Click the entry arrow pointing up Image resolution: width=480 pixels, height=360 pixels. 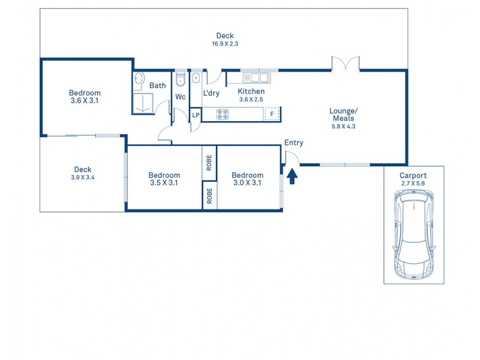pyautogui.click(x=292, y=176)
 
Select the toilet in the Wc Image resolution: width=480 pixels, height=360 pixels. pyautogui.click(x=181, y=78)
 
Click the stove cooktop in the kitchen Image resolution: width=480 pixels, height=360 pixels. pyautogui.click(x=223, y=114)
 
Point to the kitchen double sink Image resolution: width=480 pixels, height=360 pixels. pyautogui.click(x=257, y=77)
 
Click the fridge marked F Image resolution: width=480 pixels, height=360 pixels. pyautogui.click(x=272, y=114)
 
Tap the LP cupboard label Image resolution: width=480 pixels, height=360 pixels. pyautogui.click(x=196, y=115)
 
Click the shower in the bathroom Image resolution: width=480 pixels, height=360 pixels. pyautogui.click(x=143, y=103)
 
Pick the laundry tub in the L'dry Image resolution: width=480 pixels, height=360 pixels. pyautogui.click(x=196, y=78)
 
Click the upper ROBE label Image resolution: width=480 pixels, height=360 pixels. pyautogui.click(x=209, y=163)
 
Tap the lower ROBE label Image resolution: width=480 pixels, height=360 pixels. pyautogui.click(x=209, y=196)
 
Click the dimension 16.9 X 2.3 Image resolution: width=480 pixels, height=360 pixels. pyautogui.click(x=225, y=44)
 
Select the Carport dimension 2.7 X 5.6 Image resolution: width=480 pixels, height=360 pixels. pyautogui.click(x=413, y=184)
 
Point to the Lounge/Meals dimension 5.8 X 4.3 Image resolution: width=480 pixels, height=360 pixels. pyautogui.click(x=343, y=127)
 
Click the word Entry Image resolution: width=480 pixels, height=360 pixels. pyautogui.click(x=294, y=143)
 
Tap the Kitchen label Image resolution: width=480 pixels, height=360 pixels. pyautogui.click(x=251, y=91)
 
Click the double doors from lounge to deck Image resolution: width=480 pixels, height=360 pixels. pyautogui.click(x=346, y=64)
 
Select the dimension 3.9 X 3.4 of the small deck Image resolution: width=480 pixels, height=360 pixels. pyautogui.click(x=83, y=177)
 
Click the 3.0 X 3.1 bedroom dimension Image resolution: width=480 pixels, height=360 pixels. pyautogui.click(x=247, y=183)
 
